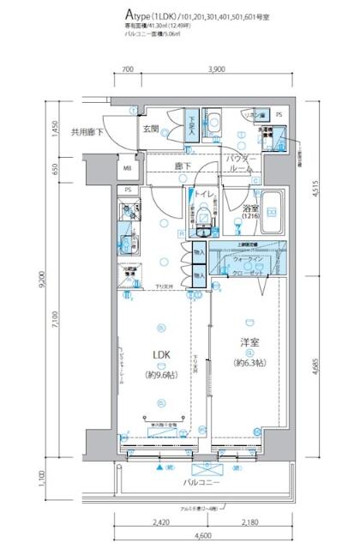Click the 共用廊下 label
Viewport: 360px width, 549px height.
coord(86,132)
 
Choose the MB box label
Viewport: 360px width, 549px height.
coord(128,168)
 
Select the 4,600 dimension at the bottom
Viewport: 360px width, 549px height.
coord(202,535)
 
